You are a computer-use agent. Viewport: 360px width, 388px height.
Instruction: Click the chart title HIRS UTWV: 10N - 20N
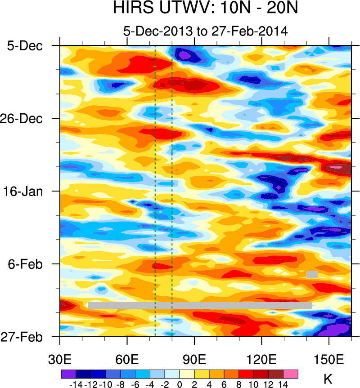click(205, 9)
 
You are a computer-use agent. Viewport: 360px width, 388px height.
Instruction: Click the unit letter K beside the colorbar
click(328, 379)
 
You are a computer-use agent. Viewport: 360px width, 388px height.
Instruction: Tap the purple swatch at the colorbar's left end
click(68, 374)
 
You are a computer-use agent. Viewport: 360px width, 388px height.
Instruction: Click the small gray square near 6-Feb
click(312, 274)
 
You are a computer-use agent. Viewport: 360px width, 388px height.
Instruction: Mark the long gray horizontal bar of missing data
click(200, 305)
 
